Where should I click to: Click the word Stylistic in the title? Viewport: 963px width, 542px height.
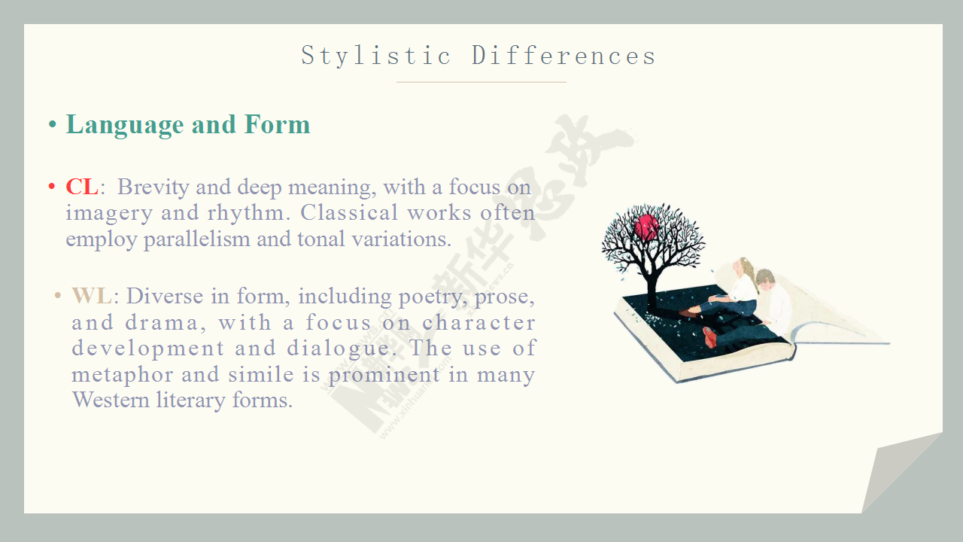tap(375, 56)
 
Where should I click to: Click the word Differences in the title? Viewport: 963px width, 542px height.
tap(564, 56)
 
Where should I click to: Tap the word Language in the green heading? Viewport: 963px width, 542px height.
tap(125, 126)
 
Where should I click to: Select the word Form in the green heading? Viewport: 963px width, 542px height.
tap(277, 124)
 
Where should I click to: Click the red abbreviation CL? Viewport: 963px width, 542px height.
tap(82, 187)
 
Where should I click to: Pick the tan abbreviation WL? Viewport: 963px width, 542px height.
tap(92, 296)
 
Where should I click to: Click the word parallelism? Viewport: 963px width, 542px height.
tap(197, 239)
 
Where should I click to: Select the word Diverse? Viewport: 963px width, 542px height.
tap(165, 296)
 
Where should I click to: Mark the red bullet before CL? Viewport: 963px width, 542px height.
tap(52, 187)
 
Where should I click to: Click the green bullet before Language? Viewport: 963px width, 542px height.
tap(53, 125)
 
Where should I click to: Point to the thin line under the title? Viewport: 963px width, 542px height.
tap(481, 82)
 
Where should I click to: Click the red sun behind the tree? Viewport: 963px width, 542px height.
tap(646, 227)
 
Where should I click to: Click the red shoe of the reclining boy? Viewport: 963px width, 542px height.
tap(709, 336)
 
